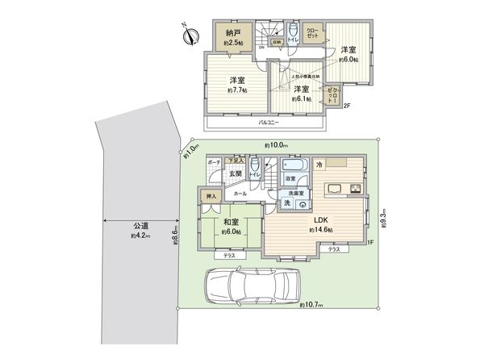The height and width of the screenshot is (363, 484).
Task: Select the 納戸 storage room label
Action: tap(234, 35)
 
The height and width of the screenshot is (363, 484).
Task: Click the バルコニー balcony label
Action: tap(269, 123)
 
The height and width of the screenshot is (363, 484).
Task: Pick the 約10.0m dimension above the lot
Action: tap(276, 145)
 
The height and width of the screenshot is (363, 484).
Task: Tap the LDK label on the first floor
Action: tap(319, 221)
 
